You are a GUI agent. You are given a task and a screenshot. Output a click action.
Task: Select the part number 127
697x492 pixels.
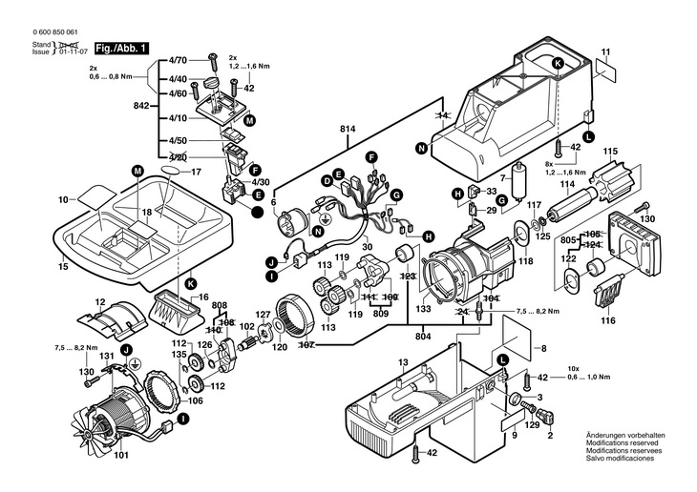(x=263, y=315)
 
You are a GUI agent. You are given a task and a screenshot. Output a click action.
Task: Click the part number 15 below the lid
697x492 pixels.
(x=64, y=267)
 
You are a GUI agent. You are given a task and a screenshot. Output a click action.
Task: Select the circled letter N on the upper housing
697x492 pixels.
(x=421, y=147)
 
